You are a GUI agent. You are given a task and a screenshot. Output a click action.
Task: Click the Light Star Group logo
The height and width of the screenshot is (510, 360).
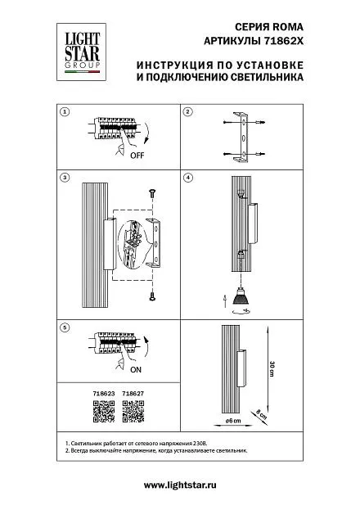[x=81, y=52]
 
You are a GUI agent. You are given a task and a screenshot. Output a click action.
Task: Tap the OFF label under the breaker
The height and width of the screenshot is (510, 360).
[x=137, y=156]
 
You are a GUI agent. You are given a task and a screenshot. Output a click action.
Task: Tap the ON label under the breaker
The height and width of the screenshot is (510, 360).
[x=136, y=370]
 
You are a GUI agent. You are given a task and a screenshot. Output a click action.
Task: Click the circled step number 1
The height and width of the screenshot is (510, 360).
[x=65, y=112]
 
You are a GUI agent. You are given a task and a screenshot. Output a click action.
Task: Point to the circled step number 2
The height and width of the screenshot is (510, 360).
[x=187, y=112]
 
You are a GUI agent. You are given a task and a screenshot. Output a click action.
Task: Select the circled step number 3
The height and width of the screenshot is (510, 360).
[x=65, y=178]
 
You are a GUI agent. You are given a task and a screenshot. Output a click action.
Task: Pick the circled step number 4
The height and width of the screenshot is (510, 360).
[x=187, y=178]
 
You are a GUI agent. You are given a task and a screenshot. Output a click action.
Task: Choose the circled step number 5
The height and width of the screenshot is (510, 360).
[x=65, y=327]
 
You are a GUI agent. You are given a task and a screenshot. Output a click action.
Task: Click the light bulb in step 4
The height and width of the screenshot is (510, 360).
[x=240, y=296]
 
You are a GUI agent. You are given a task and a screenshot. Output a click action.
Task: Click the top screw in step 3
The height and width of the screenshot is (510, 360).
[x=152, y=193]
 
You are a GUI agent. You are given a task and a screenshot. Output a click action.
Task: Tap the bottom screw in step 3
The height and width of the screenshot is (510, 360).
[x=152, y=296]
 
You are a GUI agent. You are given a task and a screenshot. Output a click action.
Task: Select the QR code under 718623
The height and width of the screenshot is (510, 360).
[x=104, y=412]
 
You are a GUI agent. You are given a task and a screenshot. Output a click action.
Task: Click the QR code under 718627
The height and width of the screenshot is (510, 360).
[x=133, y=412]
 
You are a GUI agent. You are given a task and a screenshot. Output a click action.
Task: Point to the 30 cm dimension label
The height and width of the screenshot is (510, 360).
[x=272, y=368]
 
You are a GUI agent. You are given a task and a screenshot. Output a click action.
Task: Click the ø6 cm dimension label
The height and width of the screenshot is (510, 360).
[x=233, y=421]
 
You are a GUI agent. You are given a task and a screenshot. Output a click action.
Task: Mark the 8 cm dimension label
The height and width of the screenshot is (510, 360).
[x=261, y=414]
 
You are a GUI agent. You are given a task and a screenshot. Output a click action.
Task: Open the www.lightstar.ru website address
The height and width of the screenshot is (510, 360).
[x=180, y=485]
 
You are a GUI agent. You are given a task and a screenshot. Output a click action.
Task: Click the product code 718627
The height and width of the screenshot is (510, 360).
[x=133, y=393]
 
